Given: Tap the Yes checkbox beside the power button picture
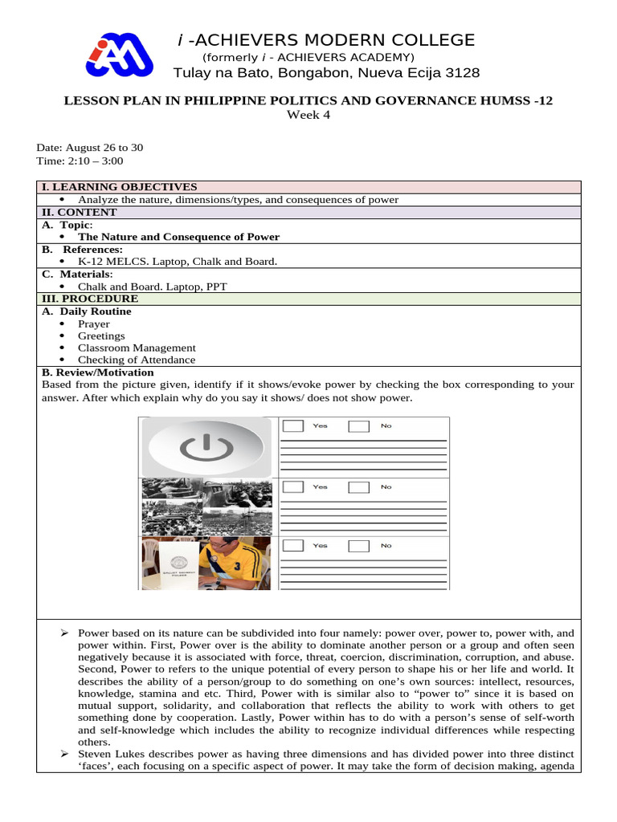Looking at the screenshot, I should tap(294, 425).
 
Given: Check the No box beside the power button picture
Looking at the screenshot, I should tap(358, 425).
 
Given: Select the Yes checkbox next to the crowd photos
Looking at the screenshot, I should tap(294, 486).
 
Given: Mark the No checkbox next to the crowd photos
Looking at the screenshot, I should tap(358, 486).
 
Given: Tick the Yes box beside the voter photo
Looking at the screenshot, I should tap(294, 546).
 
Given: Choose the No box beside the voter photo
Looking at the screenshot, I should tap(358, 546).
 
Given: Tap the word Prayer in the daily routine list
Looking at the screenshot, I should tap(93, 324).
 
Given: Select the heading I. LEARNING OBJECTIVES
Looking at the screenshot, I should tap(119, 187).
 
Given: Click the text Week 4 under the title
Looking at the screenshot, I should tap(308, 115).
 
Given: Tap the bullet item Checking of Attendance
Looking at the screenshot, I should tap(137, 360).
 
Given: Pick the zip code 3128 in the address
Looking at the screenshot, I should tap(464, 73).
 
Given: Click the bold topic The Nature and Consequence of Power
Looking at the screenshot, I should tap(178, 237).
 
